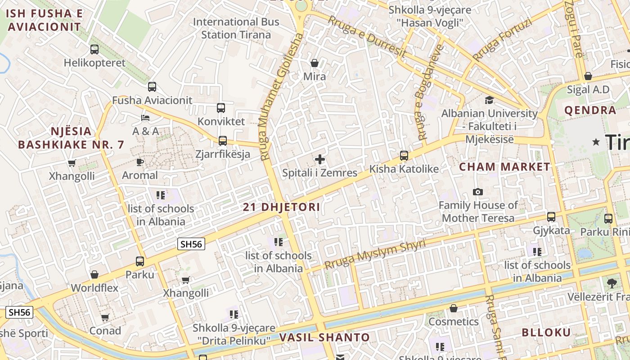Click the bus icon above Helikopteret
(x=94, y=49)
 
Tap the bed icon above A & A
(x=145, y=118)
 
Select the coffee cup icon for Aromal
(x=140, y=162)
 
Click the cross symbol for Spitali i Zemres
(x=320, y=159)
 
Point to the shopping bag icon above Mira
(x=315, y=63)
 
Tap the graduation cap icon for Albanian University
(x=489, y=100)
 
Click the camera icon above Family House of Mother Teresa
(x=478, y=192)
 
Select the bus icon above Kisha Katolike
(x=404, y=156)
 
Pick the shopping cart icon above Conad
(x=105, y=318)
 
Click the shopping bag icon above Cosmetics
(x=454, y=308)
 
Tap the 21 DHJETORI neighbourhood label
(x=282, y=207)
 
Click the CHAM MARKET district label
(x=504, y=167)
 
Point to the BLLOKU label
(x=546, y=333)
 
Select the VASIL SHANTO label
(x=324, y=337)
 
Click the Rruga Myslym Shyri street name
(x=375, y=254)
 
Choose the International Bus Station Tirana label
(x=236, y=28)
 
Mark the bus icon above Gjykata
(x=551, y=217)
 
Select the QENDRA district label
(x=590, y=110)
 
